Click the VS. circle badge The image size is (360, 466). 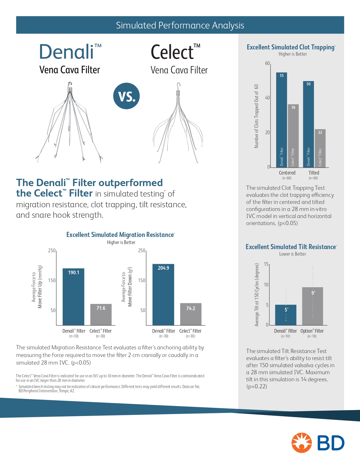pos(126,96)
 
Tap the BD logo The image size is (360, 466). pos(318,443)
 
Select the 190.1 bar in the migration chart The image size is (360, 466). pos(73,297)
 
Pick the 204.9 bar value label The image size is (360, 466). pos(163,268)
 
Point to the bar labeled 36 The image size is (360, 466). pos(293,136)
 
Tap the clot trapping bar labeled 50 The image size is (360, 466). pos(308,124)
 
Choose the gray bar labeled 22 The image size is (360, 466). pos(320,148)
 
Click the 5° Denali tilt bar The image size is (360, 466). pos(286,315)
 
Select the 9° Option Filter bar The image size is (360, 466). pos(313,306)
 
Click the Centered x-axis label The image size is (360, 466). pos(287,173)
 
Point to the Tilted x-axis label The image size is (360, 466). pos(314,173)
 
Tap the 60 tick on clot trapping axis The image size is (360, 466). pos(267,63)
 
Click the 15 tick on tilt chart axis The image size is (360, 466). pos(266,264)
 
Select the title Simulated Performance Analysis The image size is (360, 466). pos(180,25)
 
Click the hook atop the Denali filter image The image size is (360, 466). pos(70,84)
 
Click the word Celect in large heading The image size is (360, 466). pos(172,52)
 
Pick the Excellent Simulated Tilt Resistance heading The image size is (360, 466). pos(291,247)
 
